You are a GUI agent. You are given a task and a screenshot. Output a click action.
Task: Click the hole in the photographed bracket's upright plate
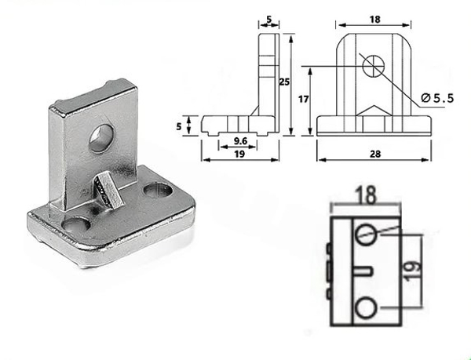point(101,138)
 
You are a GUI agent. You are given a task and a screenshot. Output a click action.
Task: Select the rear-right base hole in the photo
point(159,191)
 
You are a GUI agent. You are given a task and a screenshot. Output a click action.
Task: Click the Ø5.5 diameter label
point(437,98)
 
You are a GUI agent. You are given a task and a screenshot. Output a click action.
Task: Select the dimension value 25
point(284,82)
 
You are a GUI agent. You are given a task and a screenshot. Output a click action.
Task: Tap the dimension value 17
point(303,99)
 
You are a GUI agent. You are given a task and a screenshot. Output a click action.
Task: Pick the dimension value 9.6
point(240,140)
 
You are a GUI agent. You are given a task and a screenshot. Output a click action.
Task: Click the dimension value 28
point(375,154)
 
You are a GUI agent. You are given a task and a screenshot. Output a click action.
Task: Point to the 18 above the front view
point(374,20)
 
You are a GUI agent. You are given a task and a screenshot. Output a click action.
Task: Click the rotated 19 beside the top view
point(413,271)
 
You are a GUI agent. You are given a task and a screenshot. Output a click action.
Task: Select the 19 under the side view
point(239,154)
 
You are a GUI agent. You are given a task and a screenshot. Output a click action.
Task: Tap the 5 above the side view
point(268,19)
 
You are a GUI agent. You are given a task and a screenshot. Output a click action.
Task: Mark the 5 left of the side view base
point(179,126)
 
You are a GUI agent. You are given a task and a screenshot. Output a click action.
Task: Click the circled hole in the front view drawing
point(374,66)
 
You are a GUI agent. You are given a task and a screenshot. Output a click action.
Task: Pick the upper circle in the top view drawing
point(366,234)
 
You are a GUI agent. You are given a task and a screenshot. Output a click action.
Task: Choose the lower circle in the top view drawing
point(366,307)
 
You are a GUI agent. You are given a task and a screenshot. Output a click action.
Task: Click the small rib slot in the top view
point(363,271)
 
